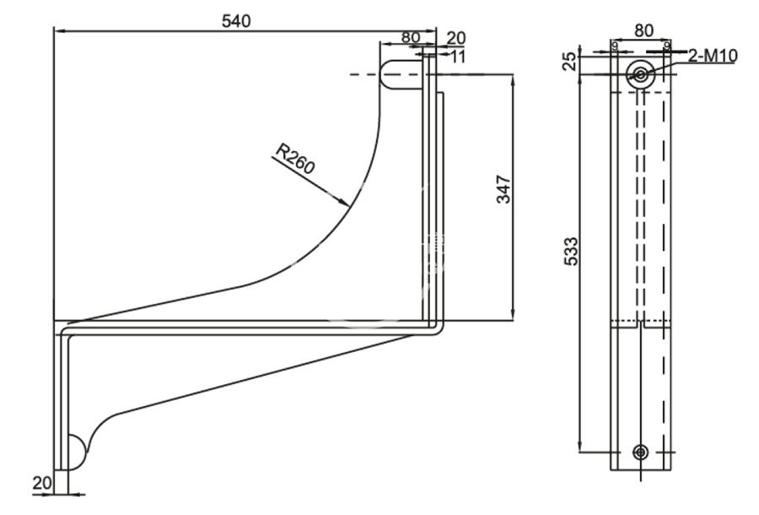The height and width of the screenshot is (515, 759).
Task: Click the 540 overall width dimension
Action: tap(236, 22)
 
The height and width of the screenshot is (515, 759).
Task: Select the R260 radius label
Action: tap(295, 159)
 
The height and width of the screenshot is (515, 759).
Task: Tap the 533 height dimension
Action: tap(570, 253)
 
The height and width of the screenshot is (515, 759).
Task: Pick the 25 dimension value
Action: tap(570, 61)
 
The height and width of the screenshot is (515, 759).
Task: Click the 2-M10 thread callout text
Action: tap(713, 57)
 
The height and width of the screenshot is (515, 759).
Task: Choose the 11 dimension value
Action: tap(458, 57)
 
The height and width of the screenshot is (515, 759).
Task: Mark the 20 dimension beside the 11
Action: tap(456, 38)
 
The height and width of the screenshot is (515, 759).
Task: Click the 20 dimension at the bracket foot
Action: tap(40, 483)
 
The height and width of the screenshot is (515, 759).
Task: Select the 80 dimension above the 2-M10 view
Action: tap(643, 30)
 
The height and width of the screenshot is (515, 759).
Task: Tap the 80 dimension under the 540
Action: tap(411, 38)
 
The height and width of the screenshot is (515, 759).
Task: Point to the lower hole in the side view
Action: tap(642, 452)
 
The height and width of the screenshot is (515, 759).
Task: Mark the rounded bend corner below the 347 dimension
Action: tap(436, 329)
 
